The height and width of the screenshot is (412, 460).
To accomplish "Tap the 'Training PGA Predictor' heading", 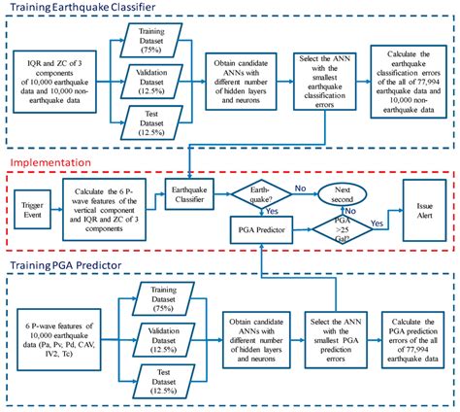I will pyautogui.click(x=73, y=265).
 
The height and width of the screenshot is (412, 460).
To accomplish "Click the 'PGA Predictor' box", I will pyautogui.click(x=257, y=229).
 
